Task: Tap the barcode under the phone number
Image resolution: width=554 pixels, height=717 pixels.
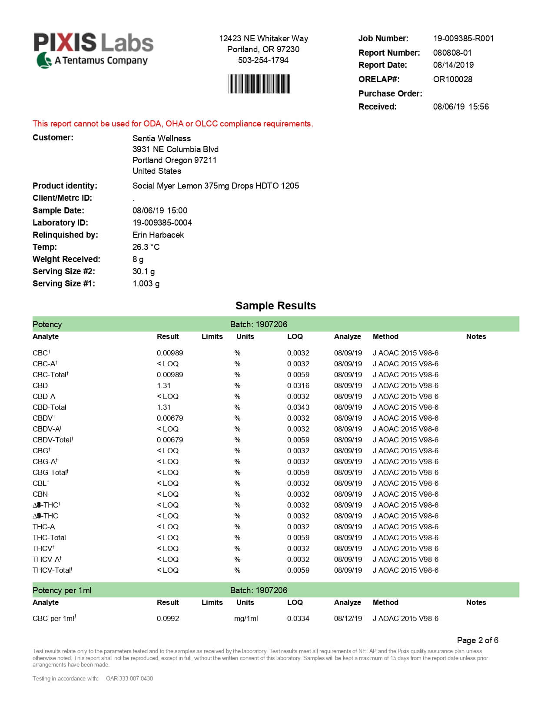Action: click(259, 84)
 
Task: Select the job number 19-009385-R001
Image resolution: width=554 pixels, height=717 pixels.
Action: click(463, 38)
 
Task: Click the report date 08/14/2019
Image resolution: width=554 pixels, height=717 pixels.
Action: click(453, 65)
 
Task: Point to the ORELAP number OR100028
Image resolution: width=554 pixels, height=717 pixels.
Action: click(452, 79)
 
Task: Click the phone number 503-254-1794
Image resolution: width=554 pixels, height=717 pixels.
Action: click(263, 60)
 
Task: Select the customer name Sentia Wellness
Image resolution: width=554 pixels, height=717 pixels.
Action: click(161, 138)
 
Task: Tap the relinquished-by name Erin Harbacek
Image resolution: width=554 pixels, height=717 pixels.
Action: click(158, 235)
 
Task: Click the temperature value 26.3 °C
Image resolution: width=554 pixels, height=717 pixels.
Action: click(146, 247)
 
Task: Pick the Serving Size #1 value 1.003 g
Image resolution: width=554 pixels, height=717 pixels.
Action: click(146, 283)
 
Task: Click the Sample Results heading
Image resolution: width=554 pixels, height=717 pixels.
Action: click(275, 305)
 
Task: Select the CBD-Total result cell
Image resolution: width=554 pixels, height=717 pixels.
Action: click(163, 407)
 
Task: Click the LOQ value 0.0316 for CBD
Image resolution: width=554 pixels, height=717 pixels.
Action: click(298, 385)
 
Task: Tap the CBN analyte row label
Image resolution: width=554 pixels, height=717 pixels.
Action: click(40, 494)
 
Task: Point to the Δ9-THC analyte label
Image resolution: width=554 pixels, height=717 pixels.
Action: click(45, 516)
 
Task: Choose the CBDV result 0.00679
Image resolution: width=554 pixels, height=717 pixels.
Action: click(169, 418)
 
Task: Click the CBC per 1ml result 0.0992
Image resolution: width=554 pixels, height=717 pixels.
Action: click(168, 618)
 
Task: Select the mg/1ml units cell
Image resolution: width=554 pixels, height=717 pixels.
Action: click(245, 618)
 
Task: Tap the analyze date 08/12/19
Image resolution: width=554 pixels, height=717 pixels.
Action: click(348, 618)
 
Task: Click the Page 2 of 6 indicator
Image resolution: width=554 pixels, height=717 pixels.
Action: click(477, 640)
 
